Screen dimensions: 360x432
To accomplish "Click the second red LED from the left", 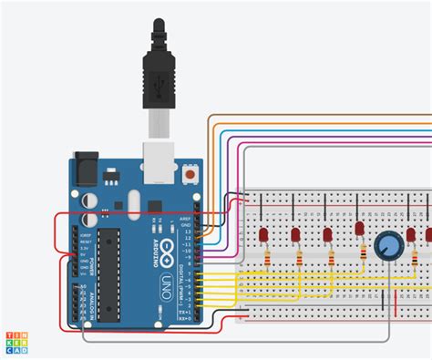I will (296, 234).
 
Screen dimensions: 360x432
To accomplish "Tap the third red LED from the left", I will (327, 234).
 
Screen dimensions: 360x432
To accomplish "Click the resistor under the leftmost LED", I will (268, 258).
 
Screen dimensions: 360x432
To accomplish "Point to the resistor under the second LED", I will (301, 258).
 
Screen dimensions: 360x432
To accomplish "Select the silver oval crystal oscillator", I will (131, 201).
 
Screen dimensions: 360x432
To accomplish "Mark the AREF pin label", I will (184, 219).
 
